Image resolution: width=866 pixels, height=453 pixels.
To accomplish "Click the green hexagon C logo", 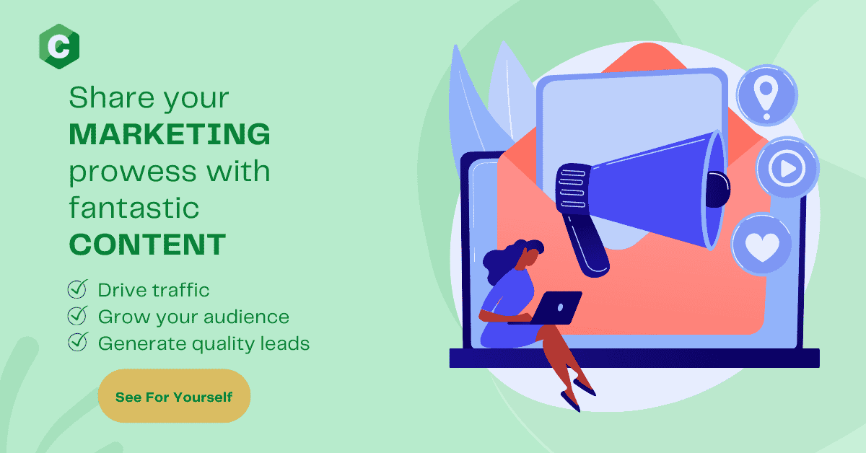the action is click(x=59, y=46).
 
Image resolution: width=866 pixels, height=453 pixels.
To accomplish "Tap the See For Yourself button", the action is click(x=174, y=396).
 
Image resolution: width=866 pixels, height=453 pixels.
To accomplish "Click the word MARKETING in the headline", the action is click(x=170, y=134).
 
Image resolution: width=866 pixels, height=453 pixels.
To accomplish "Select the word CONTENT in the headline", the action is click(x=147, y=245).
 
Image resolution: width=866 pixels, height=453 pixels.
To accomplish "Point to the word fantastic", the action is click(x=134, y=208).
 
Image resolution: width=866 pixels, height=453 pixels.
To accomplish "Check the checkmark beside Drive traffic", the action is click(x=78, y=289).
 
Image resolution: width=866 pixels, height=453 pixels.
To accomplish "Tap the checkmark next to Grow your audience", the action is click(x=78, y=315).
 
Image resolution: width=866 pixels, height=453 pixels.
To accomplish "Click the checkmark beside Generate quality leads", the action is click(x=78, y=342).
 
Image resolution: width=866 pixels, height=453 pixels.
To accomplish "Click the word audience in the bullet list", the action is click(x=246, y=317).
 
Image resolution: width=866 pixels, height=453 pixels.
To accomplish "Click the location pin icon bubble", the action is click(x=766, y=95).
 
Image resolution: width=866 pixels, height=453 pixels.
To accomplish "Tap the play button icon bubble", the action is click(x=787, y=168).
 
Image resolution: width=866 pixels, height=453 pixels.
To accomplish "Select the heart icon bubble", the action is click(x=762, y=245).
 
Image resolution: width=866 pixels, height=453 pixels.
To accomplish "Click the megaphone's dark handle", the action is click(x=585, y=245).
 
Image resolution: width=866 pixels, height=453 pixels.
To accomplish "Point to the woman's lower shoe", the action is click(x=570, y=402).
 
